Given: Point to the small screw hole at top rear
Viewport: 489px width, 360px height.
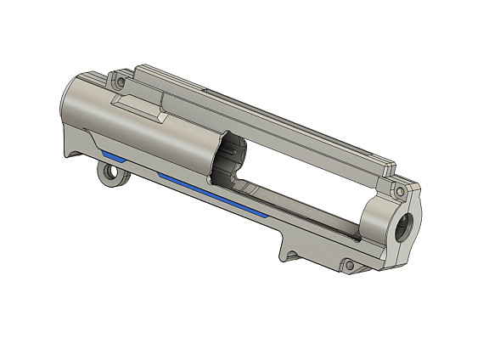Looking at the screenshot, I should (x=120, y=83).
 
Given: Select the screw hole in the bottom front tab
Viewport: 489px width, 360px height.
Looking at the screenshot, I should (x=347, y=266).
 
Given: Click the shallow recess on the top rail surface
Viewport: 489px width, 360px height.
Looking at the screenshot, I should (x=204, y=87).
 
